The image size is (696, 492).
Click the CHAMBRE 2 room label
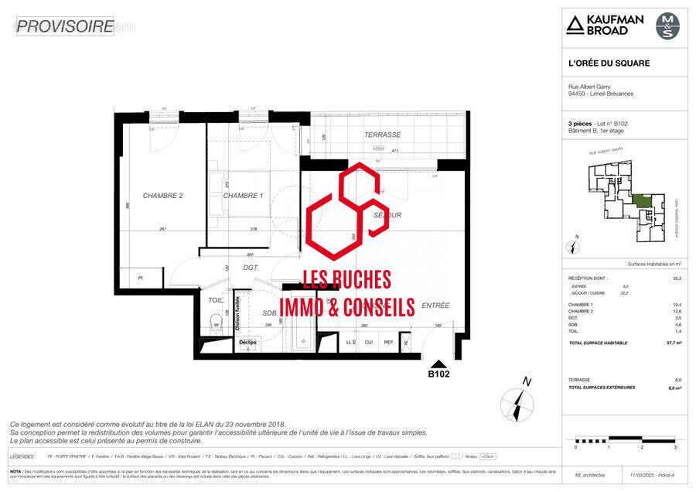click(x=162, y=196)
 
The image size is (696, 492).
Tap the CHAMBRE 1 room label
click(x=243, y=196)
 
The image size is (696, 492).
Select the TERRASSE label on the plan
click(x=382, y=135)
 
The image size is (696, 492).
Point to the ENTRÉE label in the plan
click(x=435, y=306)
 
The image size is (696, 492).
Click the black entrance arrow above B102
click(x=438, y=363)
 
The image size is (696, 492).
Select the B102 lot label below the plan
click(x=438, y=374)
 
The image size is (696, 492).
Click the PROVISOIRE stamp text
click(x=65, y=26)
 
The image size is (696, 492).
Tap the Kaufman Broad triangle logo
click(x=574, y=25)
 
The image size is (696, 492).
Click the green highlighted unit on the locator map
click(x=641, y=201)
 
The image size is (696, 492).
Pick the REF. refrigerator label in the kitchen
click(x=388, y=341)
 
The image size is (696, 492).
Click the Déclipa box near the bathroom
click(x=247, y=342)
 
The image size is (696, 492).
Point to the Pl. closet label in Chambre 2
click(x=141, y=278)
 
